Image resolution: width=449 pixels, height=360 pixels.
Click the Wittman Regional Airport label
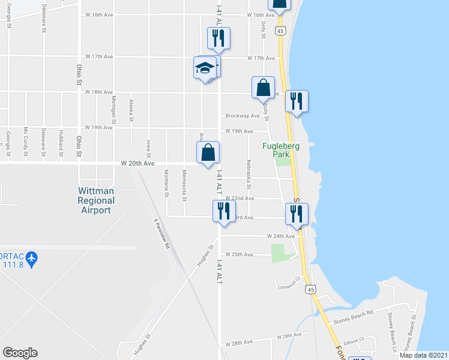pos(97,200)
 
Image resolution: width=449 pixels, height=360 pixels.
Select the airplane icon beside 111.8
pos(31,259)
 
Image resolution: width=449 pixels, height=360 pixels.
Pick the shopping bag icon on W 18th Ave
pos(263,88)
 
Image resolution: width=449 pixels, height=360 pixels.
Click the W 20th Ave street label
pos(138,163)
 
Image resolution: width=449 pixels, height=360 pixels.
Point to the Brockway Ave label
pos(243,116)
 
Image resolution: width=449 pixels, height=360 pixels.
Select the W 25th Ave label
pos(243,254)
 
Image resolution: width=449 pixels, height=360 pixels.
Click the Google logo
pos(20,353)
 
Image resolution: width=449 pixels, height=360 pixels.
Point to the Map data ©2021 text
pos(424,355)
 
